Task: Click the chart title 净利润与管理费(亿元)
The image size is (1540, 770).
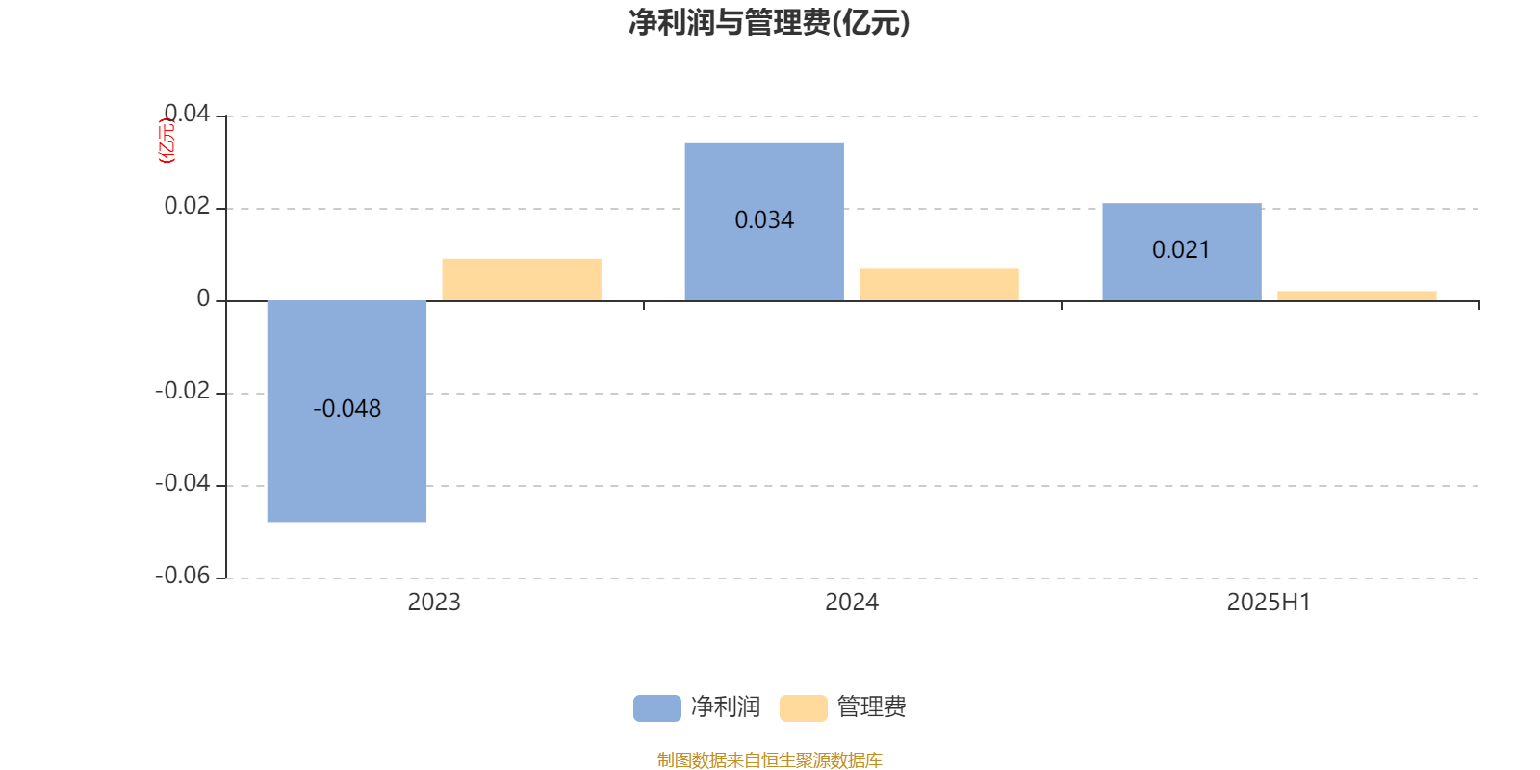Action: (x=769, y=23)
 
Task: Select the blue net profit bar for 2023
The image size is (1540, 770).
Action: (x=346, y=411)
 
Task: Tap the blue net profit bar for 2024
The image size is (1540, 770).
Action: (x=764, y=222)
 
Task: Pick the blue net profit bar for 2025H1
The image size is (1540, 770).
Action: (x=1182, y=252)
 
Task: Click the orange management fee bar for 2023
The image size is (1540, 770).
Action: (x=522, y=280)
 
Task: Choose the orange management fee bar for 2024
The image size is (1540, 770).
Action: (x=939, y=285)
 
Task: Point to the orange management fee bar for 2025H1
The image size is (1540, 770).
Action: (x=1357, y=296)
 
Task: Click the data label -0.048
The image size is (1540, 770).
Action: (x=346, y=408)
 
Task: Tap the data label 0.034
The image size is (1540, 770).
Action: (x=764, y=220)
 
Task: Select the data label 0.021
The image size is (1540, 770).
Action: (x=1181, y=249)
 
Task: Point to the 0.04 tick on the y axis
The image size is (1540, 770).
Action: (x=187, y=114)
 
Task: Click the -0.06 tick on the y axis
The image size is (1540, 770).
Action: (x=182, y=576)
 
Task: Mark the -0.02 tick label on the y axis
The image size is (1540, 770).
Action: (x=182, y=391)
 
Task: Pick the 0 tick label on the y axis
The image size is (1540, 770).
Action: (x=203, y=298)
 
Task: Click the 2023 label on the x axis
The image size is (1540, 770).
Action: (x=434, y=603)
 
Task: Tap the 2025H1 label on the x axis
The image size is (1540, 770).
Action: (x=1270, y=603)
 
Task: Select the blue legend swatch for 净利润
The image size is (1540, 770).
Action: (x=657, y=708)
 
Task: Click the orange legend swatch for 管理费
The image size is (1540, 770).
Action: (x=803, y=708)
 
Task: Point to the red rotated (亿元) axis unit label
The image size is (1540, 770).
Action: (x=167, y=141)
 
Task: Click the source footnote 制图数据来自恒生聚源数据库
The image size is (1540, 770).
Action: (x=769, y=759)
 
